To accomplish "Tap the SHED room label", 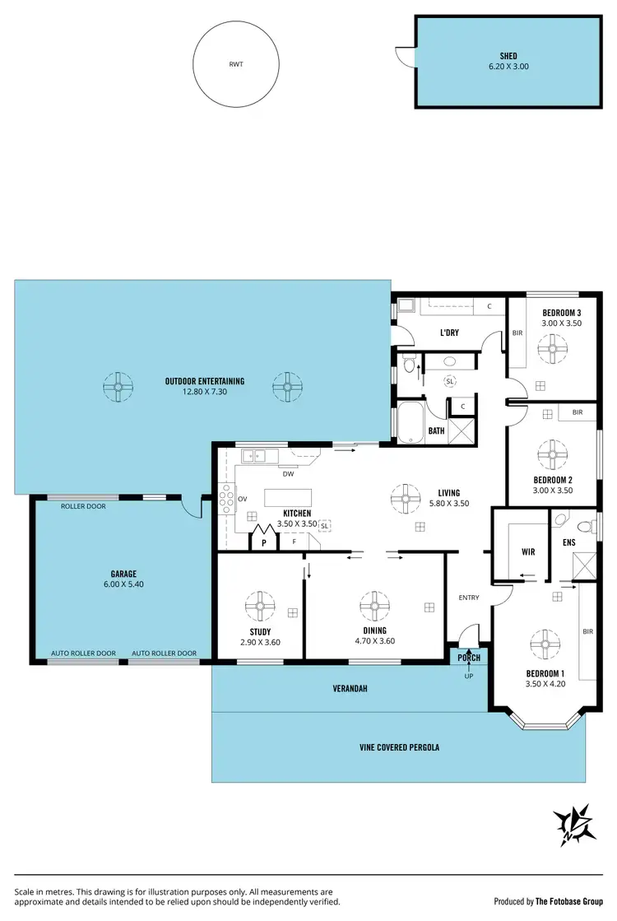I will point(508,56).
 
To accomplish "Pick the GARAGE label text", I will point(123,574).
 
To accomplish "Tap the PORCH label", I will point(469,658).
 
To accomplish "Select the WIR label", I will point(528,552).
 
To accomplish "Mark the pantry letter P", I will point(264,543).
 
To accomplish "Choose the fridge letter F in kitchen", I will point(294,543).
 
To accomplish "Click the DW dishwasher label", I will point(288,474).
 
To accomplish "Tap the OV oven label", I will point(242,499).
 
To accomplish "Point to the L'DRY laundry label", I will point(449,333).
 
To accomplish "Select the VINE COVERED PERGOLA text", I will point(399,747).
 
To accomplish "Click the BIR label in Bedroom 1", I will point(587,632).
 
